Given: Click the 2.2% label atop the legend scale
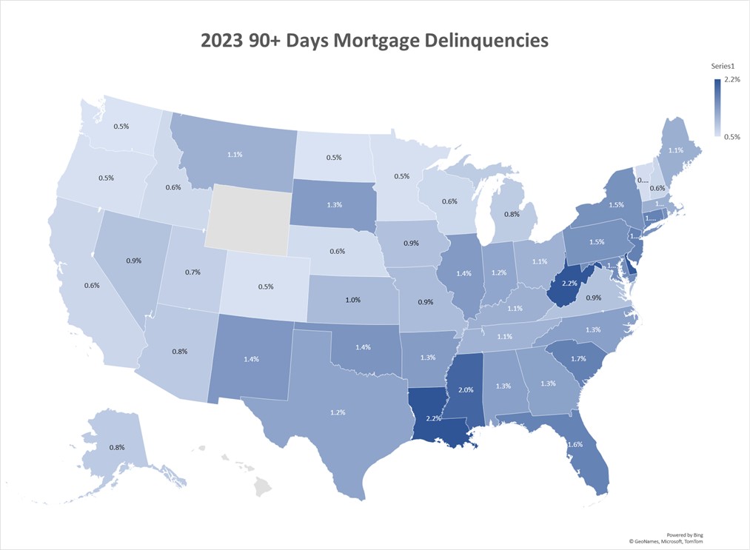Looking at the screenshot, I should (731, 79).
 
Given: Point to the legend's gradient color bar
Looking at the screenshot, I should (717, 108).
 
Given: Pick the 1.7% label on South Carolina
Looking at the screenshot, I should (579, 359).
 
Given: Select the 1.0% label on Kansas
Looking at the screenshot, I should (352, 300).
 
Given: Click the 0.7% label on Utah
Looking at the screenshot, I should (192, 273).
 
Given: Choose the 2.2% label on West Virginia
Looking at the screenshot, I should (570, 284).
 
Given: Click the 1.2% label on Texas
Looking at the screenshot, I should (338, 412).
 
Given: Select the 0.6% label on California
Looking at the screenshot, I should (71, 286).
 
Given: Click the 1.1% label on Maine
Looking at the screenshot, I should (675, 150).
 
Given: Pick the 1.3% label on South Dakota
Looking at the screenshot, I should (333, 204).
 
